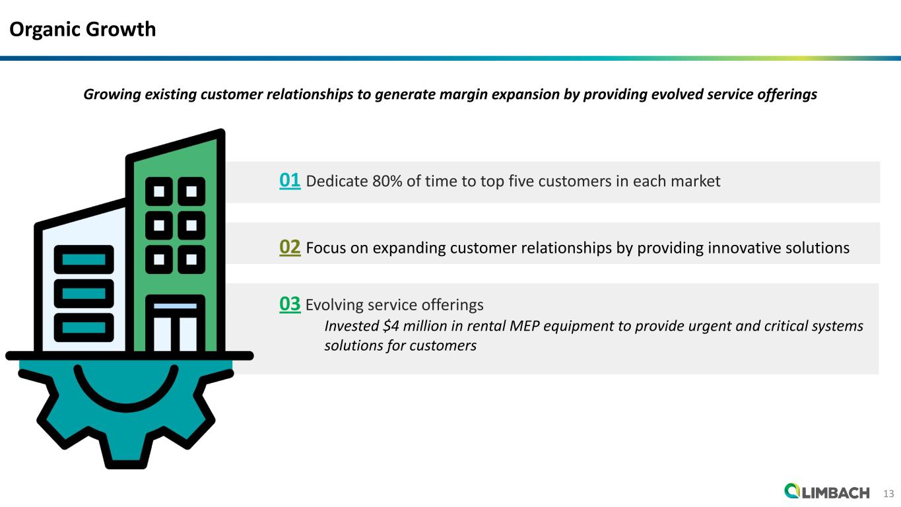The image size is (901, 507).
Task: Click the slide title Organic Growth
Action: tap(82, 29)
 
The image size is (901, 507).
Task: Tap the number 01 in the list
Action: tap(290, 180)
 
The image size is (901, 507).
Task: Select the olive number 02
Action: tap(290, 247)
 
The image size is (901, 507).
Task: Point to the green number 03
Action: tap(290, 304)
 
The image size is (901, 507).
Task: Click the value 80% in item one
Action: tap(387, 181)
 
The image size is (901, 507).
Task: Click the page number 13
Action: tap(888, 493)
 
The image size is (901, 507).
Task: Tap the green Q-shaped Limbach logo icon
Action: tap(792, 491)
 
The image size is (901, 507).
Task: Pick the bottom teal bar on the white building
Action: tap(83, 326)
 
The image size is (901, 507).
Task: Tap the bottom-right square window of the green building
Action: tap(191, 259)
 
